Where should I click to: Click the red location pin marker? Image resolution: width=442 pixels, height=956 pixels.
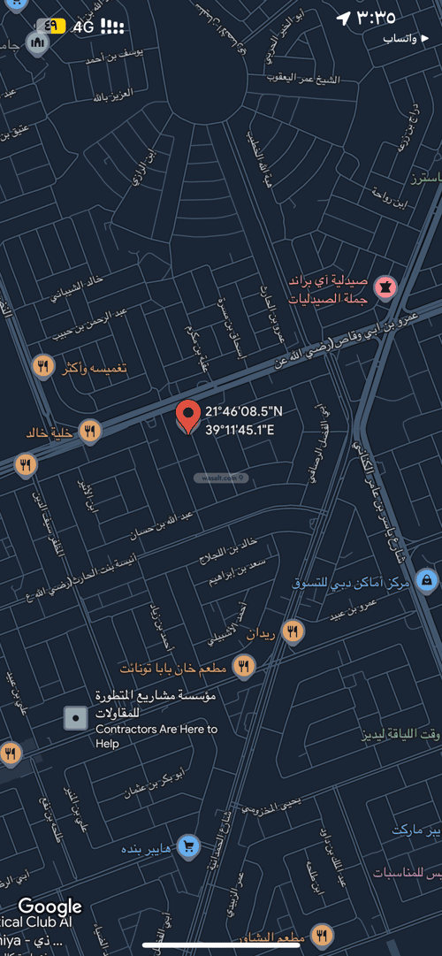(187, 414)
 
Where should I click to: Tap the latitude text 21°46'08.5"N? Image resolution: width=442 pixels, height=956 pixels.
(244, 411)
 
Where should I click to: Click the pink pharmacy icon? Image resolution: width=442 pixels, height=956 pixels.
(385, 287)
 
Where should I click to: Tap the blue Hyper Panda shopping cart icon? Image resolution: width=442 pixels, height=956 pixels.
(187, 847)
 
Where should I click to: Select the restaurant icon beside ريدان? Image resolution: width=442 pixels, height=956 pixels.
(293, 631)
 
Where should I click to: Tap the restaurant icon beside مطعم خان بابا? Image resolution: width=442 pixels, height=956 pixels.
(245, 667)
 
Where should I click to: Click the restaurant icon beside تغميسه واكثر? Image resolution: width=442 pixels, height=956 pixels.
(42, 366)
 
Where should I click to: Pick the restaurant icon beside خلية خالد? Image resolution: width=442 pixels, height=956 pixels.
(89, 432)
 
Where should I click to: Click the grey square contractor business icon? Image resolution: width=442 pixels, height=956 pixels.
(76, 718)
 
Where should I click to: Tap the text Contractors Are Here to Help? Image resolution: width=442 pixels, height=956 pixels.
(156, 736)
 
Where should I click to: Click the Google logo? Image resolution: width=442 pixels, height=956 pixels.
(50, 906)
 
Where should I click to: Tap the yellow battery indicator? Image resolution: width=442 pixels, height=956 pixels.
(53, 26)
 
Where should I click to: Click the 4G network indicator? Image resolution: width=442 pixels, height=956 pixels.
(84, 27)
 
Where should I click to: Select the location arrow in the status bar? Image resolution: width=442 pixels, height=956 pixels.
(343, 19)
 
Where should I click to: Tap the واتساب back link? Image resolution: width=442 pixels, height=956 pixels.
(405, 39)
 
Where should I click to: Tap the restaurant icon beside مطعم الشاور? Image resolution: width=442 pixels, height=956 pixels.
(322, 936)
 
